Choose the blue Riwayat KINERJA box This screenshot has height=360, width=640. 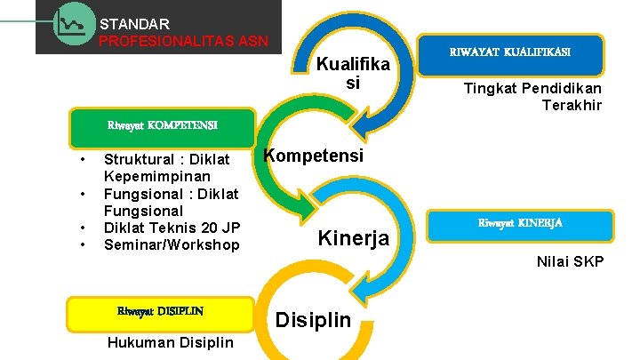(520, 223)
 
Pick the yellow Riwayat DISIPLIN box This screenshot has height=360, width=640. (160, 311)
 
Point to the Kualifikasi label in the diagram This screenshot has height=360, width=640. (353, 73)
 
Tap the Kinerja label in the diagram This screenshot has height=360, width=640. (353, 238)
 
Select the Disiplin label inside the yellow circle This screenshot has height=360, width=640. (314, 320)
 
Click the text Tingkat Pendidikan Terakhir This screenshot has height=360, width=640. (532, 97)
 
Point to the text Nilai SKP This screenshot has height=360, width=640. (570, 261)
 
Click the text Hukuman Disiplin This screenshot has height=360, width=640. (170, 343)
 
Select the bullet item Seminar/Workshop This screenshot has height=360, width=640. (172, 244)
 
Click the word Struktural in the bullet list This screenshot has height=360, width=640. (140, 159)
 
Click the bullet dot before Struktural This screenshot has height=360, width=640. (82, 160)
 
